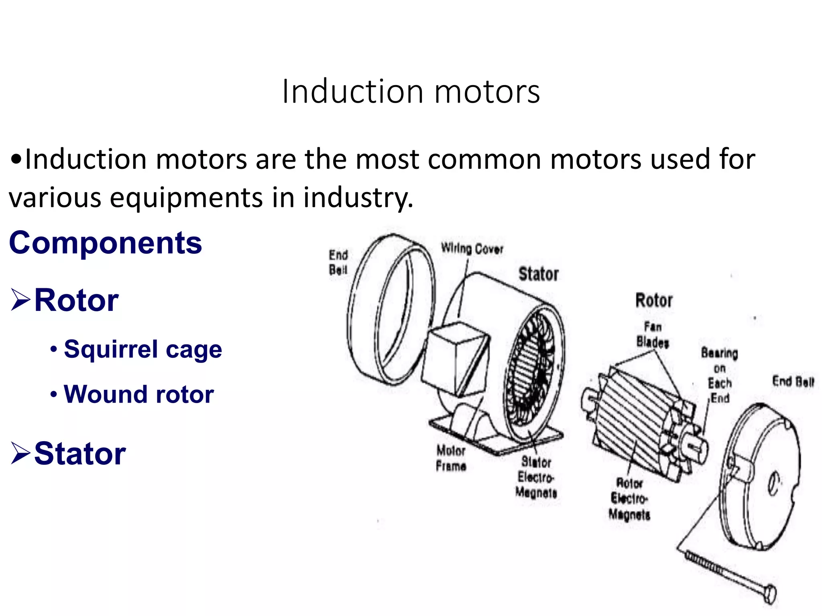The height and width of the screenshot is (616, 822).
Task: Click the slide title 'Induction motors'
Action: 411,92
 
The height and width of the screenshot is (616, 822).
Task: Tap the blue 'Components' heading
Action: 105,243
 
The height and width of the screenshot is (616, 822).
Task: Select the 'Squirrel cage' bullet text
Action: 142,349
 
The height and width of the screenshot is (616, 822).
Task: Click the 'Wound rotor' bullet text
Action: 138,395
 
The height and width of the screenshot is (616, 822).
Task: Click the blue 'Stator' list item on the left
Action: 80,454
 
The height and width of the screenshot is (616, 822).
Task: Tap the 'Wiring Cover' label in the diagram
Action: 472,249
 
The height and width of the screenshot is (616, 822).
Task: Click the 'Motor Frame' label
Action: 451,458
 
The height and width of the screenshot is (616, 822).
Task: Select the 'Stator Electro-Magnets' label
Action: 536,477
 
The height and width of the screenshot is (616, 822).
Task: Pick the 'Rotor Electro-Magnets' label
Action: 629,498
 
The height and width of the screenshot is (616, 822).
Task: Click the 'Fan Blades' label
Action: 653,334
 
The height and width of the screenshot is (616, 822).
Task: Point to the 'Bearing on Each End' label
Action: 720,375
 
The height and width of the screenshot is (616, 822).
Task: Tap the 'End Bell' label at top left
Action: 338,262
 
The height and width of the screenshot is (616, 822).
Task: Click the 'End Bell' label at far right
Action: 793,381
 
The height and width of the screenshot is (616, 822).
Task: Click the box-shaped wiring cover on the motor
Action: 456,359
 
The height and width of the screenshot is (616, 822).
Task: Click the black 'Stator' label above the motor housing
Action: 538,274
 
